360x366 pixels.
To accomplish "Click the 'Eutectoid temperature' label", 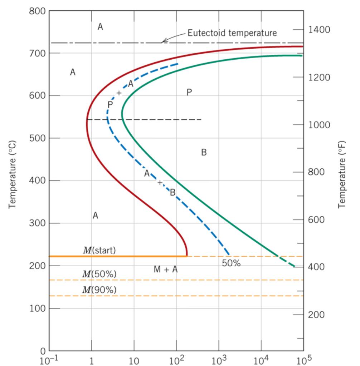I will [232, 33].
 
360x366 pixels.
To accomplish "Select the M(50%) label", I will [99, 274].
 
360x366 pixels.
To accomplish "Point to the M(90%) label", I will [99, 290].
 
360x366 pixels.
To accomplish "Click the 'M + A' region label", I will [165, 269].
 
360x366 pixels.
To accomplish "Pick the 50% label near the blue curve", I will [231, 263].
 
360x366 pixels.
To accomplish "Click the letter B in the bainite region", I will [204, 153].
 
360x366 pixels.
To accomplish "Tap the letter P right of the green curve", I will [189, 93].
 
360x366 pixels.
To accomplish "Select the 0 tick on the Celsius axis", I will [42, 351].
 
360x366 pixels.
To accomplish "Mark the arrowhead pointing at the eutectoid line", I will [162, 42].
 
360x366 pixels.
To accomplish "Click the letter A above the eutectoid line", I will [100, 27].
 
